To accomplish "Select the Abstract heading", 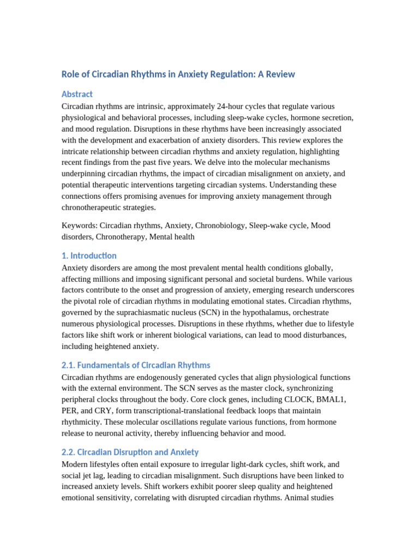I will [77, 94].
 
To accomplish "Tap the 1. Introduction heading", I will [89, 255].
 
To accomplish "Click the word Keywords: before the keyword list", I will [80, 225].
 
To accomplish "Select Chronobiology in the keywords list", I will [220, 225].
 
